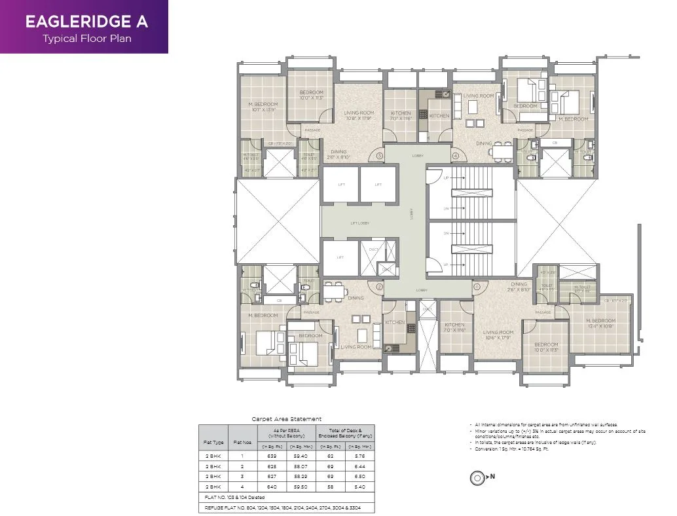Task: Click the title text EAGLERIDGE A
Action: point(86,21)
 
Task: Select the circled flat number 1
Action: point(477,286)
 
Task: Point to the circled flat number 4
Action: point(455,156)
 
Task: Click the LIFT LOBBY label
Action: point(359,223)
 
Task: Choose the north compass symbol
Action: point(477,477)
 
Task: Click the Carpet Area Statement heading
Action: point(287,419)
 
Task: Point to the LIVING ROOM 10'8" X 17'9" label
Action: point(358,115)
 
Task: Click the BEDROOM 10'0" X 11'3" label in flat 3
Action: point(312,95)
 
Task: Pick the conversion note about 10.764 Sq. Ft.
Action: point(518,449)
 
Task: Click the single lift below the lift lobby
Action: point(340,257)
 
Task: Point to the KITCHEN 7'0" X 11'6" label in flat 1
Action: point(454,327)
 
